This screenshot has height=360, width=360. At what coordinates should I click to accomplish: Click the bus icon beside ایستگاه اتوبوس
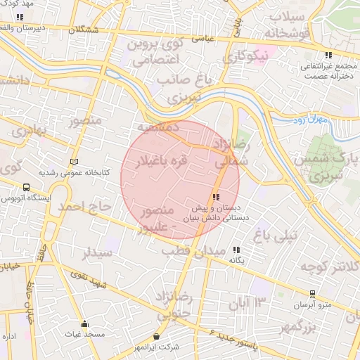coord(26,188)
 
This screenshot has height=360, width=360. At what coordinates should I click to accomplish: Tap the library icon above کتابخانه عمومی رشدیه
coord(75,161)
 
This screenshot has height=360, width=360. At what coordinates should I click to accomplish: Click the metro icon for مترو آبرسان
coord(312,293)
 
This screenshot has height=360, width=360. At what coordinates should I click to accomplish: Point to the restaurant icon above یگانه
coord(236,250)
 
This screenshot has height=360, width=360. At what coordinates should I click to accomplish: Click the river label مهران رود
coord(310,121)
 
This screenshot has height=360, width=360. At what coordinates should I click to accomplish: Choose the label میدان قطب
coord(193,250)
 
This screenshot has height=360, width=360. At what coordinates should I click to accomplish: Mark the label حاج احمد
coord(85,206)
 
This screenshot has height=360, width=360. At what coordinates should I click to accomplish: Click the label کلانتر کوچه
coord(330,266)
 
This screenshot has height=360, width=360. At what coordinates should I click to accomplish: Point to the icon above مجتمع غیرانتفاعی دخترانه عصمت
coord(328,56)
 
